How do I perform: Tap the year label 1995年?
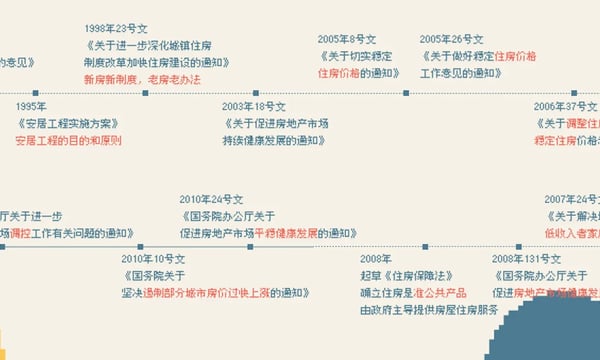[x=31, y=106]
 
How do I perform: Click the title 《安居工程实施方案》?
[x=67, y=123]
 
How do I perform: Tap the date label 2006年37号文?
[x=566, y=106]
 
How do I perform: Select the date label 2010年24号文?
[x=211, y=198]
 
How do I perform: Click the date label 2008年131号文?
[x=524, y=258]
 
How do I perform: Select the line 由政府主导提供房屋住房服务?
[x=420, y=310]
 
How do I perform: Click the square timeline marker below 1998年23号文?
[x=146, y=93]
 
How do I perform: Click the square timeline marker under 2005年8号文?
[x=406, y=93]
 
